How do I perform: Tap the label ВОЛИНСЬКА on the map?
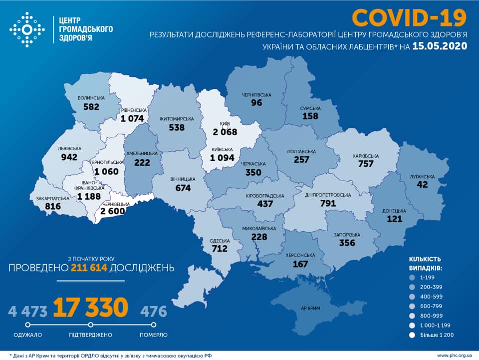tap(91, 98)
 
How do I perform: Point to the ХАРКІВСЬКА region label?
tap(365, 156)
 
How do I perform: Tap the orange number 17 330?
tap(91, 308)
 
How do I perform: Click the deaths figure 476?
tap(154, 312)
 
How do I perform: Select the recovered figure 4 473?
tap(28, 312)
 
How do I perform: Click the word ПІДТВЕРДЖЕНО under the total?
tap(91, 335)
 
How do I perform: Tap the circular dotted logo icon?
tap(27, 29)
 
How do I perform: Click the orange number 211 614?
tap(89, 268)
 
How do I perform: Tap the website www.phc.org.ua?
tap(454, 355)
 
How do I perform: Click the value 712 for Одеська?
tap(219, 248)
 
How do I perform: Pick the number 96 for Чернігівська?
tap(256, 103)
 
